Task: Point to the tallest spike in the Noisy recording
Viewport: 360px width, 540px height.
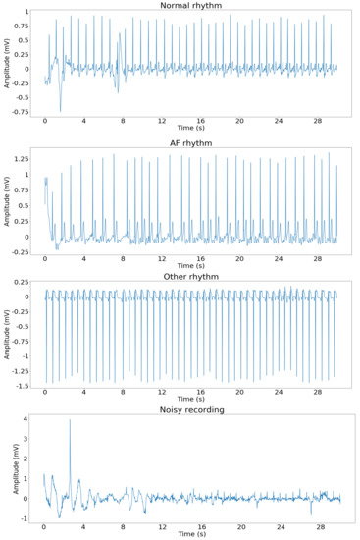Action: tap(70, 421)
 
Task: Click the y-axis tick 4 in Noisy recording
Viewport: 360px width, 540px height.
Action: tap(27, 420)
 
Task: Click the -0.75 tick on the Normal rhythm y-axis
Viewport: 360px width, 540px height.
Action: tap(22, 111)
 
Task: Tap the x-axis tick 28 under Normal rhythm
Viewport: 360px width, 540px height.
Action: tap(317, 122)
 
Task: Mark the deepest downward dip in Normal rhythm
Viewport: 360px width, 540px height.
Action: tap(61, 110)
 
